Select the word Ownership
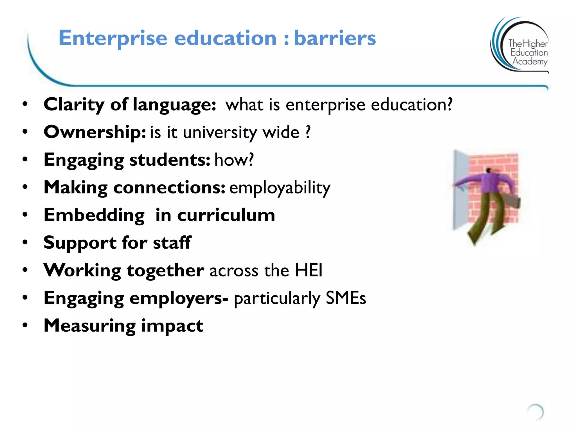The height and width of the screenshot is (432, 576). [x=94, y=132]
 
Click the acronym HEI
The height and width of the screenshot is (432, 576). [x=309, y=270]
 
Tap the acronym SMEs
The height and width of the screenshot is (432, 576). [x=346, y=298]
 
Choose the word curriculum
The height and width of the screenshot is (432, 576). [x=226, y=215]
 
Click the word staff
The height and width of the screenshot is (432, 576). [x=172, y=242]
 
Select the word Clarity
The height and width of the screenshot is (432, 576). [x=74, y=105]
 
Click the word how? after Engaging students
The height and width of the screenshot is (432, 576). [x=234, y=160]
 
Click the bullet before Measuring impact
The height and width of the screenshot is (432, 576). [x=25, y=325]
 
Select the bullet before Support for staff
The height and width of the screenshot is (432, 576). [x=25, y=242]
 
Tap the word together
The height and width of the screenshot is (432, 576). [x=165, y=271]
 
